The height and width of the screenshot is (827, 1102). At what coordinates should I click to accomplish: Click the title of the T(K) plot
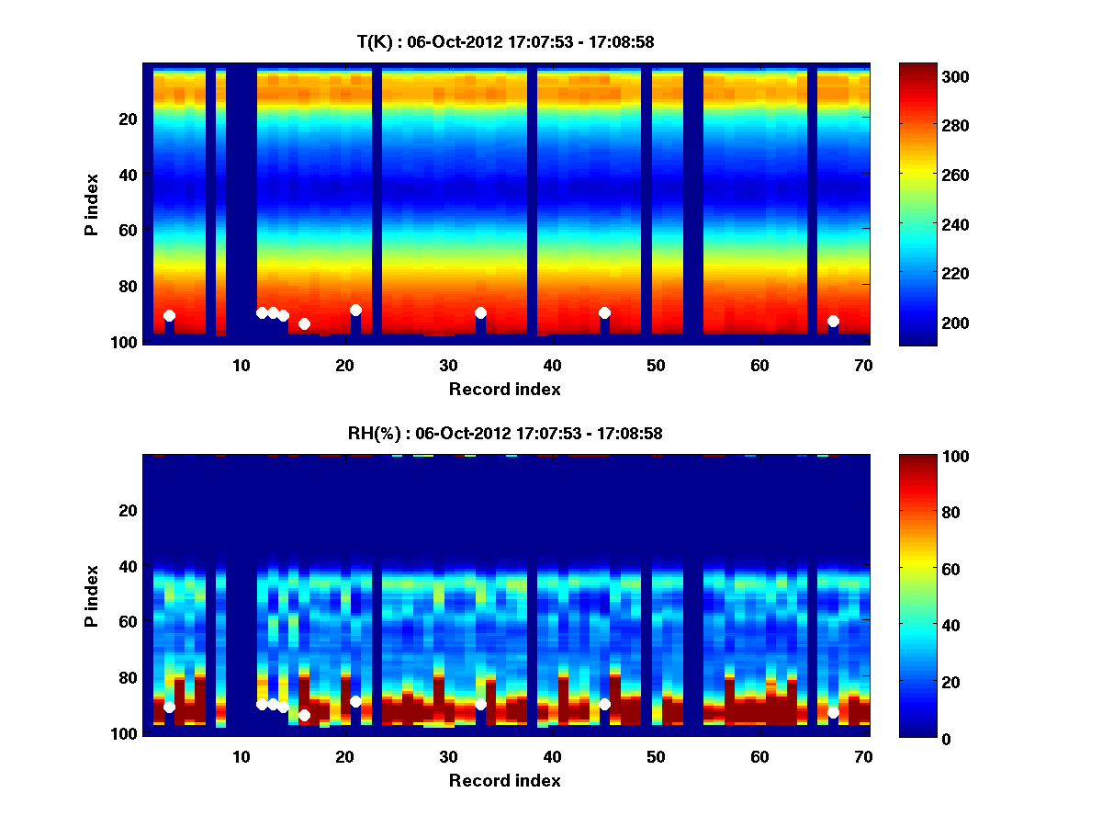505,41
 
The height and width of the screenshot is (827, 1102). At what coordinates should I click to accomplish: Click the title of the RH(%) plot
505,433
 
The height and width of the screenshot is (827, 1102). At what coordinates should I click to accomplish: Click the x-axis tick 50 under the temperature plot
656,365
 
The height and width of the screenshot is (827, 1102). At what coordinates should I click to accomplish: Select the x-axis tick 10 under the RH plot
241,756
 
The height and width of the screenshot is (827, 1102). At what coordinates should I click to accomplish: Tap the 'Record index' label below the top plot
505,389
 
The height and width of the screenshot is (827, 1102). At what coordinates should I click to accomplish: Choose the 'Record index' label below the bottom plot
505,780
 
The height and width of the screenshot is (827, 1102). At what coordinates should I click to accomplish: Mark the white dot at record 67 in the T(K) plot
833,322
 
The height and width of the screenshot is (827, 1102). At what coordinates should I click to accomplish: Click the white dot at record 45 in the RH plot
604,704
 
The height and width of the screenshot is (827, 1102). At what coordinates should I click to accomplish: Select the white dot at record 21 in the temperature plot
355,311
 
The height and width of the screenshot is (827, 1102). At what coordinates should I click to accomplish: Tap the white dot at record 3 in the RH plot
169,707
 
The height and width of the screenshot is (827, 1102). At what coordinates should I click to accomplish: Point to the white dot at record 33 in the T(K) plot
480,312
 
